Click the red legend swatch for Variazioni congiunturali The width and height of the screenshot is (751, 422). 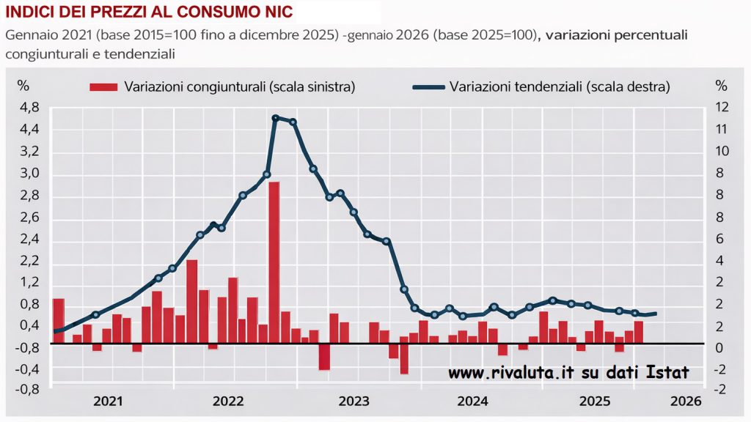pyautogui.click(x=103, y=87)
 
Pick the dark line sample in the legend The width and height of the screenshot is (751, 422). pyautogui.click(x=429, y=87)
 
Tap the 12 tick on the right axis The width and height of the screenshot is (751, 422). pyautogui.click(x=722, y=108)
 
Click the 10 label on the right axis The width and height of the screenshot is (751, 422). pyautogui.click(x=722, y=152)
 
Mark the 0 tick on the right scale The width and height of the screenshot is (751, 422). pyautogui.click(x=722, y=348)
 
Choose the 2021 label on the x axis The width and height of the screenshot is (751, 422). pyautogui.click(x=109, y=401)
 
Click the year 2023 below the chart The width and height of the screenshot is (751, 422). pyautogui.click(x=354, y=401)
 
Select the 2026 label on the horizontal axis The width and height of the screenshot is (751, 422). pyautogui.click(x=686, y=401)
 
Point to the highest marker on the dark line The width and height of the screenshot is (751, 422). pyautogui.click(x=275, y=118)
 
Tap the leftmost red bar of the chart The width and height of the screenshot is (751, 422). pyautogui.click(x=59, y=320)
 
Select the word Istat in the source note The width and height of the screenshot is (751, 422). pyautogui.click(x=668, y=374)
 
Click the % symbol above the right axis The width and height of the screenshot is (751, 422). pyautogui.click(x=721, y=86)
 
